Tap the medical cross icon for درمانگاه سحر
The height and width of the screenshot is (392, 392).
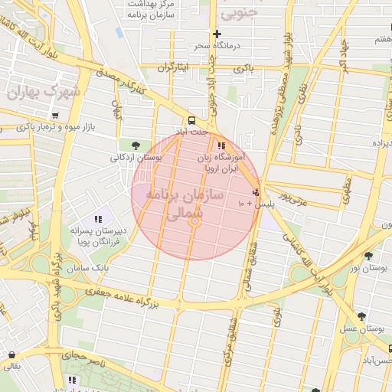[217, 34]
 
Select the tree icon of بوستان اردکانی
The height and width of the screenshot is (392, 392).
[136, 145]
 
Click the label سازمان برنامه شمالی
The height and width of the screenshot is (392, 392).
[188, 204]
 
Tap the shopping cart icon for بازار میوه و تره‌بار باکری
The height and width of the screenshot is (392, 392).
[54, 115]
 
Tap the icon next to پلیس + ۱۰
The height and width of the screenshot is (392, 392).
[255, 192]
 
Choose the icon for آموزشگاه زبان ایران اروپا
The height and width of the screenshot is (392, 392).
[221, 145]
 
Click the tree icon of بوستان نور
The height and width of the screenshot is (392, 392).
[368, 256]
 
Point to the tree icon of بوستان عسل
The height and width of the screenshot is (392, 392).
[361, 316]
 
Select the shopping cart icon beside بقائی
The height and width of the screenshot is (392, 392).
[11, 354]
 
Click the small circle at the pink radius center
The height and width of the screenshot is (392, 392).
[195, 222]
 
